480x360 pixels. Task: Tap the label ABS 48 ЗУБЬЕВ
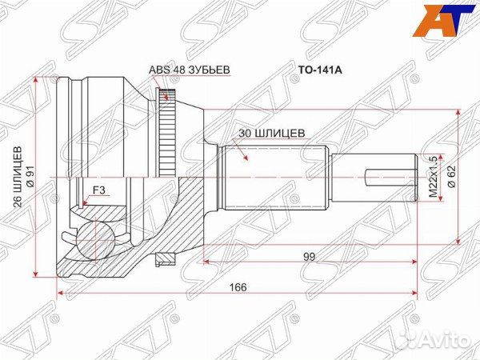(x=189, y=70)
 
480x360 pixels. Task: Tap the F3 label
(x=98, y=190)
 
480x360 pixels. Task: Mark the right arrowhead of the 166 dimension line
(x=414, y=294)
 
